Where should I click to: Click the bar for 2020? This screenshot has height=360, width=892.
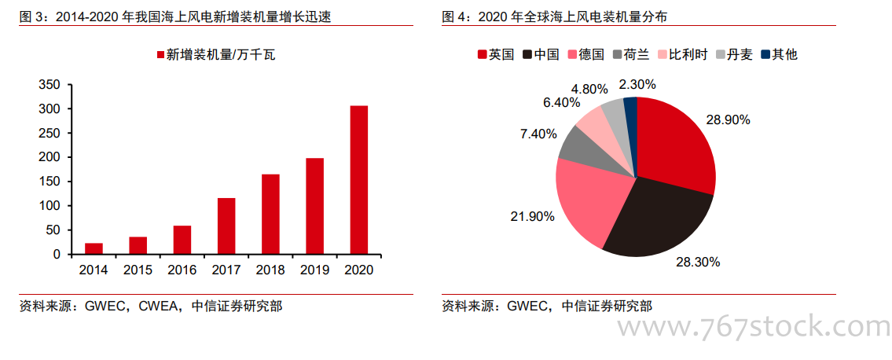[x=358, y=180]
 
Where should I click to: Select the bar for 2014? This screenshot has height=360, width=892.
[x=94, y=248]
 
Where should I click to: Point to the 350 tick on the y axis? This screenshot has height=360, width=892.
[x=50, y=85]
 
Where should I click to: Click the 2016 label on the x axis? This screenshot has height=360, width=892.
[x=182, y=270]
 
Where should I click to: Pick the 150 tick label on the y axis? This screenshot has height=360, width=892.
[x=50, y=182]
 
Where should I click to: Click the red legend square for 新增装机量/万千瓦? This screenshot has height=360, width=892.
[x=160, y=55]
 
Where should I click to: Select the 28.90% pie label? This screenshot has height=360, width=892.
[x=728, y=120]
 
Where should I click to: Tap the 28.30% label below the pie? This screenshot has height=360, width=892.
[x=698, y=262]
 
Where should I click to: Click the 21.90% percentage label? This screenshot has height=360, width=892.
[x=533, y=215]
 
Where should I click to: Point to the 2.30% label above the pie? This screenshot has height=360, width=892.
[x=637, y=84]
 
